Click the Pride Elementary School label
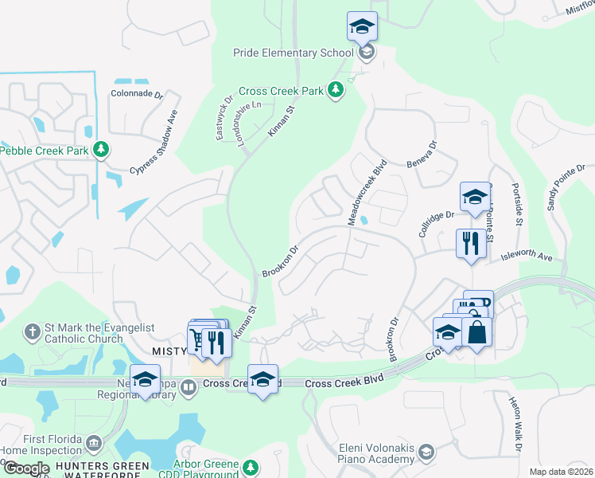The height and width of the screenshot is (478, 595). [293, 53]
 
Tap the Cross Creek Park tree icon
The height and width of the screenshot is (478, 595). [336, 90]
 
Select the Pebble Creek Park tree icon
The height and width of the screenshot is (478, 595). [100, 149]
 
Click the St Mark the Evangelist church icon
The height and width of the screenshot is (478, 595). [32, 331]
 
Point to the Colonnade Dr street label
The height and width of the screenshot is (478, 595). [136, 94]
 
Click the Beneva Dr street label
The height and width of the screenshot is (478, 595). [430, 155]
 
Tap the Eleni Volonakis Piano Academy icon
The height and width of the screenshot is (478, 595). [426, 453]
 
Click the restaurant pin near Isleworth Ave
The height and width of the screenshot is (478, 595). [471, 242]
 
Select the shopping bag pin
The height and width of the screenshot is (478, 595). [476, 331]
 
